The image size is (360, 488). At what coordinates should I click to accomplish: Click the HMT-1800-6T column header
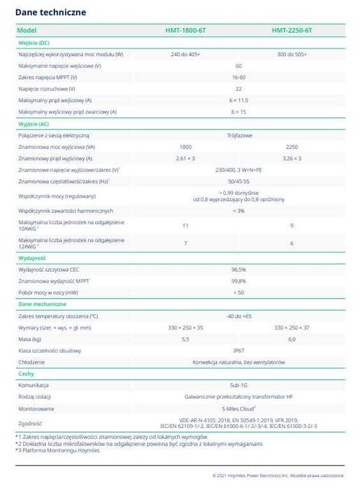[185, 31]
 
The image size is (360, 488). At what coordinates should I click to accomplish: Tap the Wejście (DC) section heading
[33, 43]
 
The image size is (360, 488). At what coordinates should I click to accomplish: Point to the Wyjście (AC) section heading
[33, 124]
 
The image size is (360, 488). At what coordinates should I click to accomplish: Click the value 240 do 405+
[185, 54]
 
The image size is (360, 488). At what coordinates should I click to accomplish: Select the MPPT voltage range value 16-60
[238, 77]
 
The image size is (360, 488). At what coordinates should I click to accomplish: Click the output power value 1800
[185, 147]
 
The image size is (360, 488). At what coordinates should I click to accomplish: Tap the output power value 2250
[292, 147]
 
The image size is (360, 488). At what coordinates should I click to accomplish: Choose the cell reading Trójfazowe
[238, 135]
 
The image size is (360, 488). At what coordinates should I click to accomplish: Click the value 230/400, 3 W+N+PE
[238, 170]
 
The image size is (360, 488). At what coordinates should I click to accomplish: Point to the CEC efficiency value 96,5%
[238, 269]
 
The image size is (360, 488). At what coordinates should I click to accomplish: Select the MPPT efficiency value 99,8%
[238, 281]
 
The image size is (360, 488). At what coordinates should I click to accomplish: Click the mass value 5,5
[185, 339]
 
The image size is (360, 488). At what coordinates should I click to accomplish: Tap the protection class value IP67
[238, 350]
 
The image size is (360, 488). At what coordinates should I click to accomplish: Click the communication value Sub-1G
[238, 385]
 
